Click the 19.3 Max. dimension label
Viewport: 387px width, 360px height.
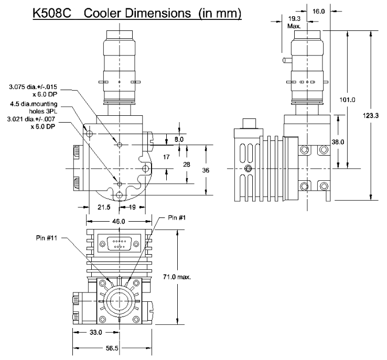pyautogui.click(x=294, y=21)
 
